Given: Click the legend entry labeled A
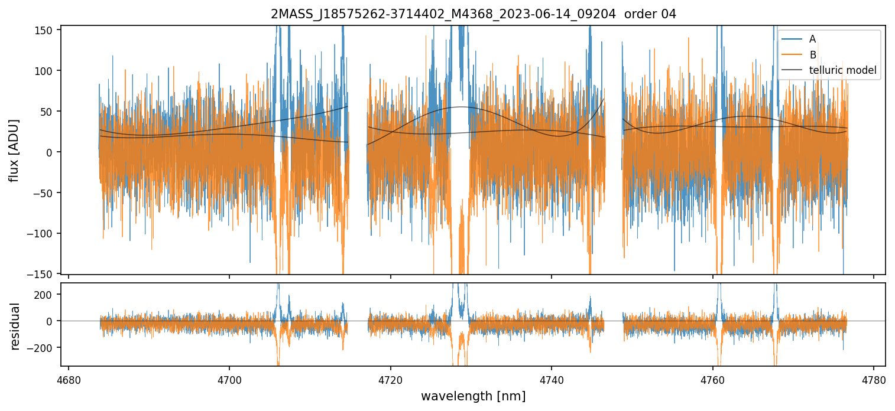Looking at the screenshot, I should pos(812,39).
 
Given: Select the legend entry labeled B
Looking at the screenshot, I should pos(812,55).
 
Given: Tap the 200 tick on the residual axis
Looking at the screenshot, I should pos(46,294).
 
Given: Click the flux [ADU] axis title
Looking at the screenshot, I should pos(14,150).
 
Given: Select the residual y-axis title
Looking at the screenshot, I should pos(15,326).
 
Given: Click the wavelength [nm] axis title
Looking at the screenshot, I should pos(473,396).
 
